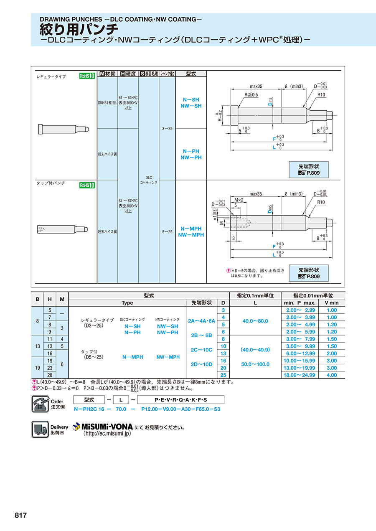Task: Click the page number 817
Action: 20,515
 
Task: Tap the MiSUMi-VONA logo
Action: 102,427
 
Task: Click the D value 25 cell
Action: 223,375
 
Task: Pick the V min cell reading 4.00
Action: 331,375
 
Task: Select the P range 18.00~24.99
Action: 300,375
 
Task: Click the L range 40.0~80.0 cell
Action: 255,321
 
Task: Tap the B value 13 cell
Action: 37,346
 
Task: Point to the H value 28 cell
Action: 50,375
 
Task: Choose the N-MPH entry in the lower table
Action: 132,357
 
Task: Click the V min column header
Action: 331,302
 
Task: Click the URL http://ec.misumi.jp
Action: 107,434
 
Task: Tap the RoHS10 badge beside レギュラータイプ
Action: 87,76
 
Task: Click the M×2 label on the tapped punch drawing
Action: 239,199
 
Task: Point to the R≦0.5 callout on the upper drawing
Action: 252,94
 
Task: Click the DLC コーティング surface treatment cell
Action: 148,180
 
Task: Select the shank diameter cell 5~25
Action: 167,231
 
